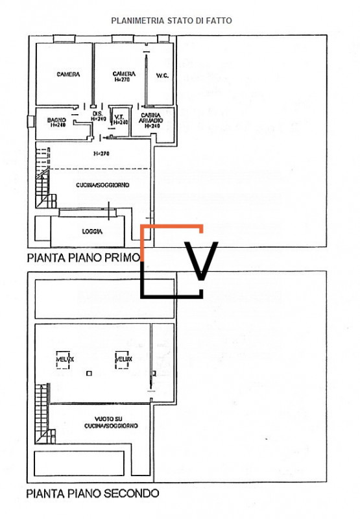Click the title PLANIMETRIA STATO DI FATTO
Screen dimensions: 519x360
click(171, 21)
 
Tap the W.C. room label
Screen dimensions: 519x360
click(162, 76)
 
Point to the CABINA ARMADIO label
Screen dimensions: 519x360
click(152, 121)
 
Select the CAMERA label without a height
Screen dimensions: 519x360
click(68, 75)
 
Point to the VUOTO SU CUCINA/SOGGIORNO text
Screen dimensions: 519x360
click(110, 423)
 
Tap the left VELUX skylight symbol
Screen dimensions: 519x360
click(64, 361)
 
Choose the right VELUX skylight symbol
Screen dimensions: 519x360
click(123, 361)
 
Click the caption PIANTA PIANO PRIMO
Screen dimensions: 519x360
click(83, 258)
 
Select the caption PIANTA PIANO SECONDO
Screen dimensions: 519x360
click(92, 494)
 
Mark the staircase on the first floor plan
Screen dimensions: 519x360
click(43, 175)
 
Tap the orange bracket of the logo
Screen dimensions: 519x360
click(171, 227)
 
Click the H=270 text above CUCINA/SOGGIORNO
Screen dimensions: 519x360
click(101, 154)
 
